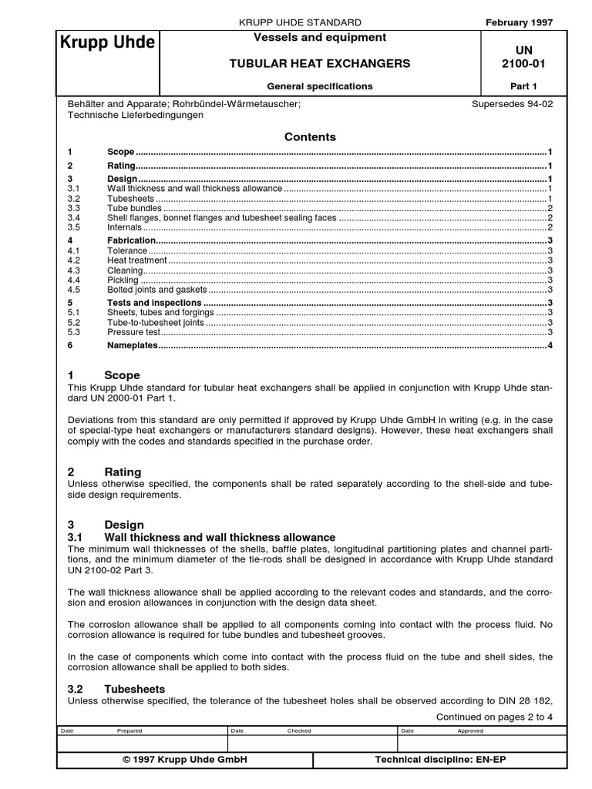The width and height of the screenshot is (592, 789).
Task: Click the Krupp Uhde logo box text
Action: pos(107,42)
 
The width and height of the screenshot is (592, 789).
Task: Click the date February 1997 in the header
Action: pos(519,22)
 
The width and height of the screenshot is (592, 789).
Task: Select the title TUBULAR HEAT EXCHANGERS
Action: pos(319,63)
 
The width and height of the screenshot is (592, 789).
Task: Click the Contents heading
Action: pos(310,136)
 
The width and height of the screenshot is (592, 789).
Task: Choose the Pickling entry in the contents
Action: pos(123,280)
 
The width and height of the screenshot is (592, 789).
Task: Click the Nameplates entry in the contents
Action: pos(132,346)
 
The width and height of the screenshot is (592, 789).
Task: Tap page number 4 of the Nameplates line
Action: pos(550,346)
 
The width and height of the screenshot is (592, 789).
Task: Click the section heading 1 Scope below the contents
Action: pos(104,375)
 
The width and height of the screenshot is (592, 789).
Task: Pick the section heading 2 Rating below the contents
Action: pos(105,472)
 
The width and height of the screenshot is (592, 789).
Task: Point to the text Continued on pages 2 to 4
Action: pos(494,717)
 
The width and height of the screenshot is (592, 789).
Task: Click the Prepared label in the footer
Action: pos(129,730)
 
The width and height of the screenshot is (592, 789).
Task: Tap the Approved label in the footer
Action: pos(470,730)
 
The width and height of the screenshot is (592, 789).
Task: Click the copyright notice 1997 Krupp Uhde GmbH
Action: pos(185,760)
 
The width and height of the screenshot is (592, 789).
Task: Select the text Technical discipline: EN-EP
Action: pos(440,760)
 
